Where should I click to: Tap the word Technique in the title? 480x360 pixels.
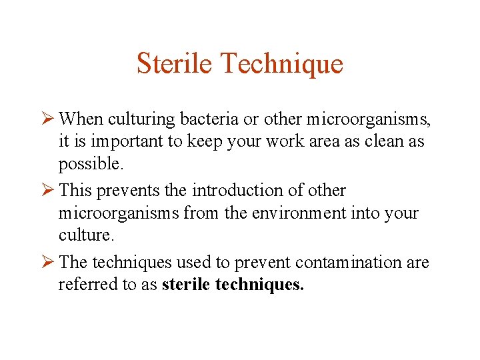(281, 63)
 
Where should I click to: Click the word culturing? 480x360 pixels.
(135, 120)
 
